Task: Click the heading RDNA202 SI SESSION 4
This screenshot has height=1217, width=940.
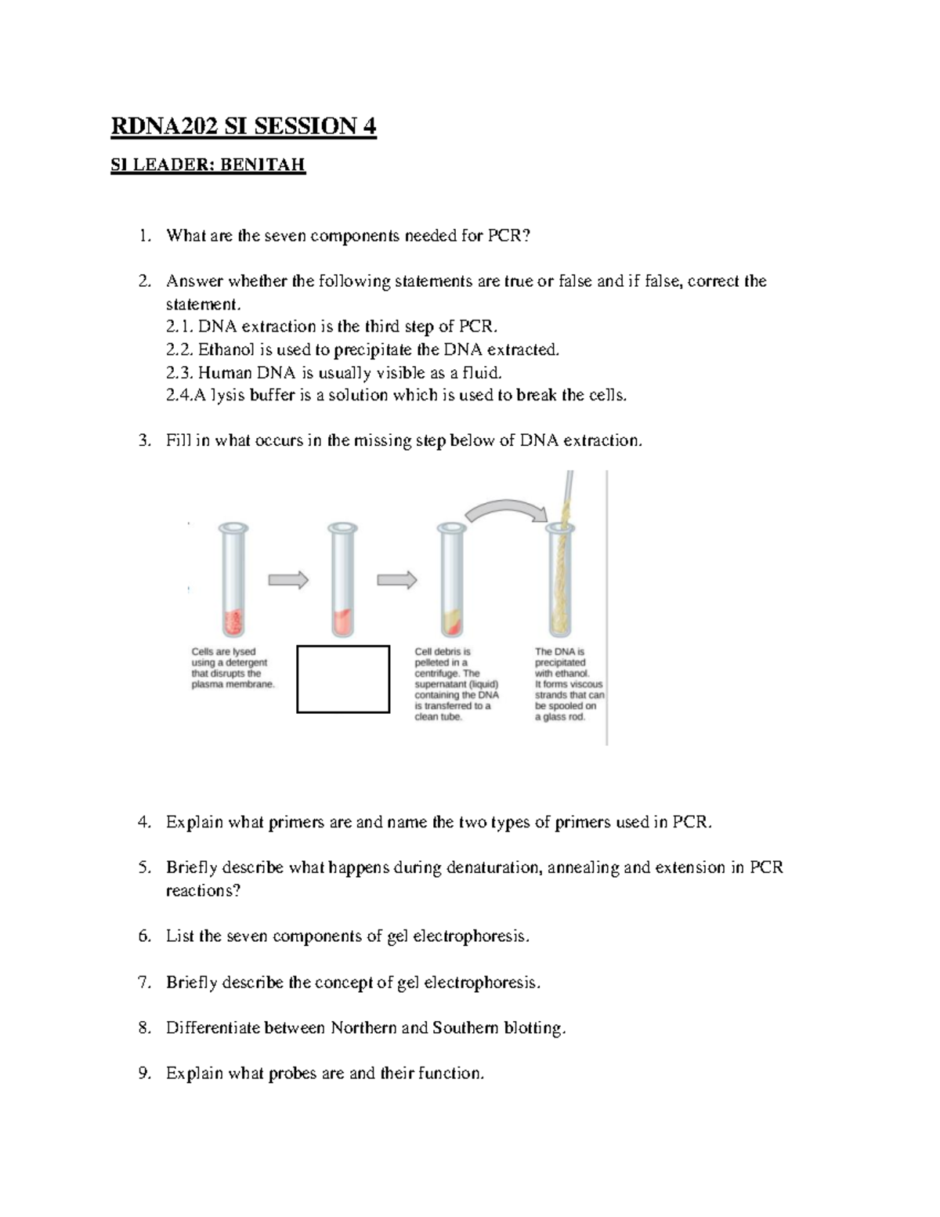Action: (x=243, y=126)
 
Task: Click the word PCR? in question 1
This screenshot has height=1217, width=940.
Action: (x=510, y=236)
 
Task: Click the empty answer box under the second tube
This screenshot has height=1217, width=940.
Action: (x=343, y=679)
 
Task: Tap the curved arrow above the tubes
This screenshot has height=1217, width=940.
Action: (x=504, y=509)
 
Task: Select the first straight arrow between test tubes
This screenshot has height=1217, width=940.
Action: (x=288, y=580)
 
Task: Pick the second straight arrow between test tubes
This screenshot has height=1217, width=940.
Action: (x=396, y=580)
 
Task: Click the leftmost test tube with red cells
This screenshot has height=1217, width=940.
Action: (x=233, y=580)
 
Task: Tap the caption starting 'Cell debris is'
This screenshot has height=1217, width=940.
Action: (x=455, y=684)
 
